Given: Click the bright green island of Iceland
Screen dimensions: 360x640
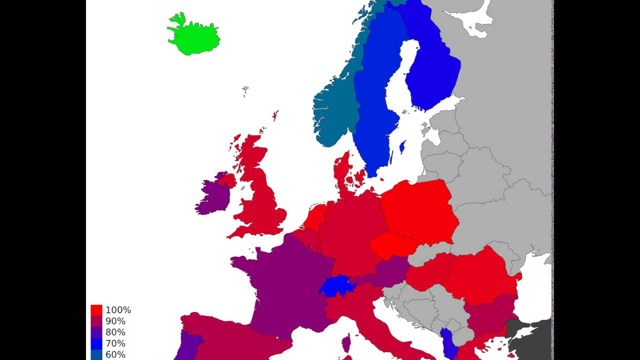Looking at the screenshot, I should pos(192,35).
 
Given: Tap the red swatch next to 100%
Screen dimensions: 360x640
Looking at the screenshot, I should pos(96,310).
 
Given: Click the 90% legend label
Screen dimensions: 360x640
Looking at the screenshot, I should pos(115,321).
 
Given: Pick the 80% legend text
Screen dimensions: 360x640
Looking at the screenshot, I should pos(115,332).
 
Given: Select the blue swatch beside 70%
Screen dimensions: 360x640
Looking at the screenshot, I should pos(96,343).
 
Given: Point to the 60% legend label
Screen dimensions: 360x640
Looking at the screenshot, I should pos(115,354).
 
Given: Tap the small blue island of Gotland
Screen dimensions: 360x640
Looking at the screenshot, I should pos(402,146).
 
